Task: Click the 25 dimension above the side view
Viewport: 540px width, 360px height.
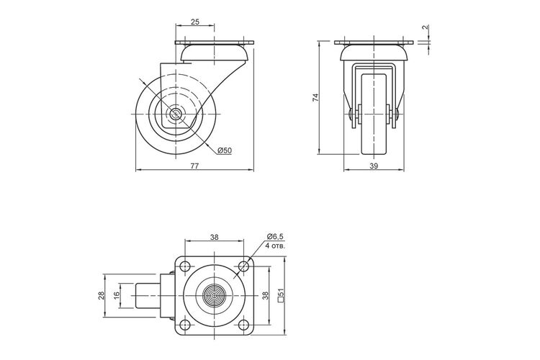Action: coord(195,22)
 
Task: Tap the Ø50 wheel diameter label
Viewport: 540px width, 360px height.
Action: coord(225,150)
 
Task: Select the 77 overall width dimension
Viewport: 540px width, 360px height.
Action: coord(194,166)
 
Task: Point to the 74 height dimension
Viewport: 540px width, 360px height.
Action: coord(316,97)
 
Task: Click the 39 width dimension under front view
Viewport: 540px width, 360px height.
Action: coord(374,166)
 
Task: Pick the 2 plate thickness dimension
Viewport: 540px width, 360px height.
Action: coord(426,27)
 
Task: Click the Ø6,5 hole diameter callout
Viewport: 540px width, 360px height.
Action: coord(275,237)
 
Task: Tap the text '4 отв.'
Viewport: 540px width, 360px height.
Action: coord(276,246)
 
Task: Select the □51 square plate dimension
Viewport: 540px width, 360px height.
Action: coord(281,295)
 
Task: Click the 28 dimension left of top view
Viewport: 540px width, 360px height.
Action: coord(102,296)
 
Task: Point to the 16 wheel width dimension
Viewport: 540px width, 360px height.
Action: coord(117,296)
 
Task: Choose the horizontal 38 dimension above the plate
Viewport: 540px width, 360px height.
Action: coord(215,237)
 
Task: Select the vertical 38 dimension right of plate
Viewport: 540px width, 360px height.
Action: coord(265,296)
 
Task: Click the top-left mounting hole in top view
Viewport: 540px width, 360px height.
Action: coord(185,266)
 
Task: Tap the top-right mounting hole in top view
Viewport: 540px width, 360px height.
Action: coord(243,266)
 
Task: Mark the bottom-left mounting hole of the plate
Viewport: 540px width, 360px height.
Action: coord(185,325)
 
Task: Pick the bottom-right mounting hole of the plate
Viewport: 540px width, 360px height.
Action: coord(243,325)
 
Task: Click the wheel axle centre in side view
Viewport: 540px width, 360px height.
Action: coord(176,113)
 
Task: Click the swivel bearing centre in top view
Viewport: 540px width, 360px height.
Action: coord(215,295)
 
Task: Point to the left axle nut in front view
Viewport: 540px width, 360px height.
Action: coord(350,114)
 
